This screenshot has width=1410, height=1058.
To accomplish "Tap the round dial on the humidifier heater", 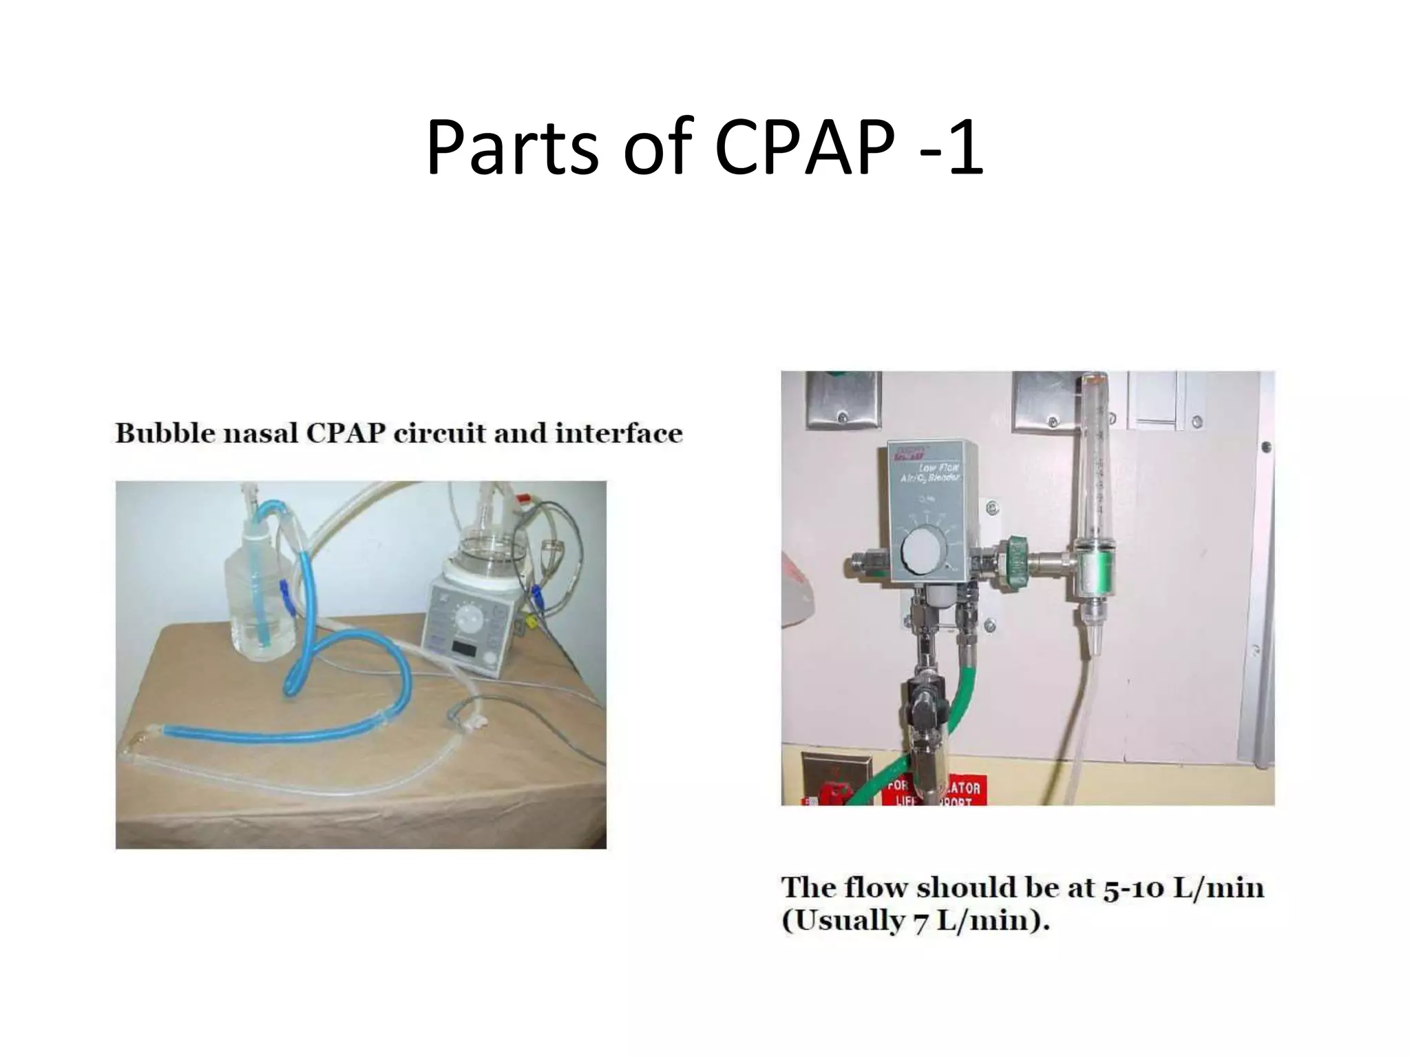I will click(x=470, y=615).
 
